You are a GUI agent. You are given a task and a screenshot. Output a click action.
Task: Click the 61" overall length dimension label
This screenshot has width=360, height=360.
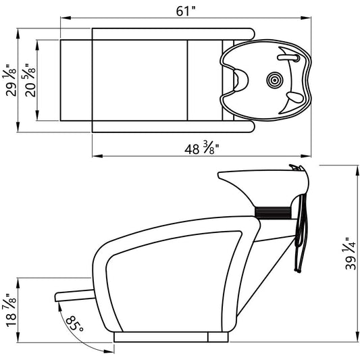[x=186, y=11]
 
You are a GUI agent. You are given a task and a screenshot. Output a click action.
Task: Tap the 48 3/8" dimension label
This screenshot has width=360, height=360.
[x=201, y=149]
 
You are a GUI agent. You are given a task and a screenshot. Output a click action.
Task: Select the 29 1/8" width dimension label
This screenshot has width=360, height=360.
[x=11, y=80]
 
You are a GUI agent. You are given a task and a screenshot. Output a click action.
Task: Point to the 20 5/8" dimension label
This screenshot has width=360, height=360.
[x=30, y=80]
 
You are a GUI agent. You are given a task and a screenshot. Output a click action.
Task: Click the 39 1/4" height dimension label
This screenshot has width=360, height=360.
[x=350, y=254]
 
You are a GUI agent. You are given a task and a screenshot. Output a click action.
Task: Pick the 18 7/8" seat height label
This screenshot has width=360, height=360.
[x=11, y=310]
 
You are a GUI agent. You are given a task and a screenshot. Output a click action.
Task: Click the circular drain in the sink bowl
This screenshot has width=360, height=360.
[x=275, y=80]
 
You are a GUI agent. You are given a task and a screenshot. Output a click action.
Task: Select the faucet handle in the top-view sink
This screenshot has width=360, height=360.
[x=288, y=57]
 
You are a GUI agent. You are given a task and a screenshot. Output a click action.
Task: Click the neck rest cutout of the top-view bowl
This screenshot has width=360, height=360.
[x=240, y=80]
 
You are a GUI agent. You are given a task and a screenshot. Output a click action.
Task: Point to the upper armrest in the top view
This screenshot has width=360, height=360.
[x=174, y=34]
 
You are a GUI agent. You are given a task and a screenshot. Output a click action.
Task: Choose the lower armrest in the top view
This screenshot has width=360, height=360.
[x=174, y=126]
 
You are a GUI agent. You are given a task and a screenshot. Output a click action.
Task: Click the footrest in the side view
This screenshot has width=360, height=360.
[x=75, y=296]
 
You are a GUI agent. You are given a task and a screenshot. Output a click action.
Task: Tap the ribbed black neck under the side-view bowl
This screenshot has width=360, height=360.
[x=273, y=212]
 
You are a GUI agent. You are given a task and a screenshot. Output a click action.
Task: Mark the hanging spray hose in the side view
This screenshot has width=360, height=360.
[x=301, y=232]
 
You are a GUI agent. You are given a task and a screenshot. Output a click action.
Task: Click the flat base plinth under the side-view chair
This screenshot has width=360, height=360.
[x=171, y=337]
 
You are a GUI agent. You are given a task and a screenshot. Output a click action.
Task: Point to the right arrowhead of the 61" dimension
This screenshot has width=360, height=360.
[x=306, y=18]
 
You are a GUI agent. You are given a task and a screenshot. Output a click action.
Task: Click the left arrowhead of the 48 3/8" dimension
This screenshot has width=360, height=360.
[x=97, y=156]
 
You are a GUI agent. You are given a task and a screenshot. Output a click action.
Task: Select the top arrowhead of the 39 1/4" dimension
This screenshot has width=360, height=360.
[x=357, y=171]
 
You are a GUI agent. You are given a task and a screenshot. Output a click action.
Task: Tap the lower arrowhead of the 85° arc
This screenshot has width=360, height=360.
[x=109, y=351]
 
